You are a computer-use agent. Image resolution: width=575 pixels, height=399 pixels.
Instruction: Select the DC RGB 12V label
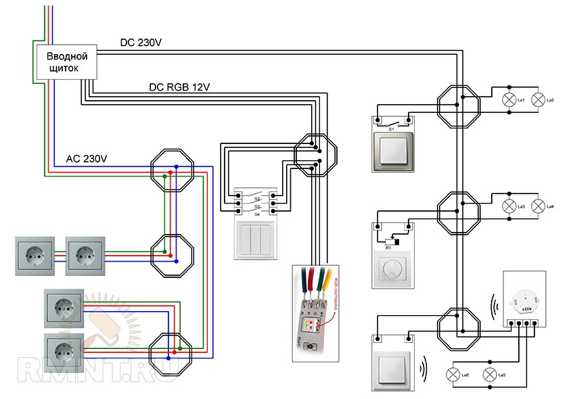pyautogui.click(x=179, y=87)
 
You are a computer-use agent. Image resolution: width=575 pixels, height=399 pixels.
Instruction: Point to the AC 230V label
pyautogui.click(x=87, y=160)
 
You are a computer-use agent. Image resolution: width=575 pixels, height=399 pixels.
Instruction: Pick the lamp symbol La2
pyautogui.click(x=538, y=101)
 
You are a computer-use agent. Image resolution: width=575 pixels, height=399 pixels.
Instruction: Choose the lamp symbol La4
pyautogui.click(x=538, y=206)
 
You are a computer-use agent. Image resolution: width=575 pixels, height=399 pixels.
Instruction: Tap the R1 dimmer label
pyautogui.click(x=388, y=249)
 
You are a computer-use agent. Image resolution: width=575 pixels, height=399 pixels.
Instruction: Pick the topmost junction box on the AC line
pyautogui.click(x=171, y=171)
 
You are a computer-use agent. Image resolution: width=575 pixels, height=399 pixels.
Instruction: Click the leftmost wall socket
pyautogui.click(x=32, y=256)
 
